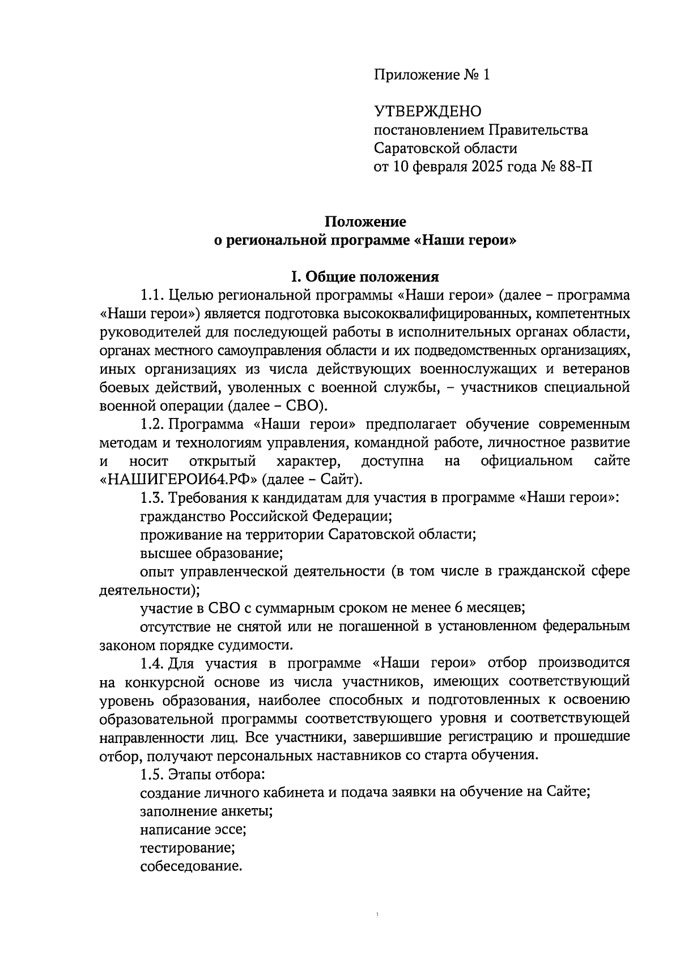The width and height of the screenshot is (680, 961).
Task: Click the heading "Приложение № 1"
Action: (x=431, y=75)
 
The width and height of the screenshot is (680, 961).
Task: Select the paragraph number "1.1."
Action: (x=152, y=295)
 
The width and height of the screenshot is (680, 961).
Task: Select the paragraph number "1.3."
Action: (x=152, y=498)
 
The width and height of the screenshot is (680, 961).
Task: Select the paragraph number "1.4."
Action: (x=152, y=663)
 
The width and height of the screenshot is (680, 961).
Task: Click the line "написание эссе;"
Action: (x=193, y=830)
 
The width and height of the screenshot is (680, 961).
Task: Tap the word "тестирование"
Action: (x=186, y=848)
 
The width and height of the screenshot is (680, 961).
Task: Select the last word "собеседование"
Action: (x=190, y=866)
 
